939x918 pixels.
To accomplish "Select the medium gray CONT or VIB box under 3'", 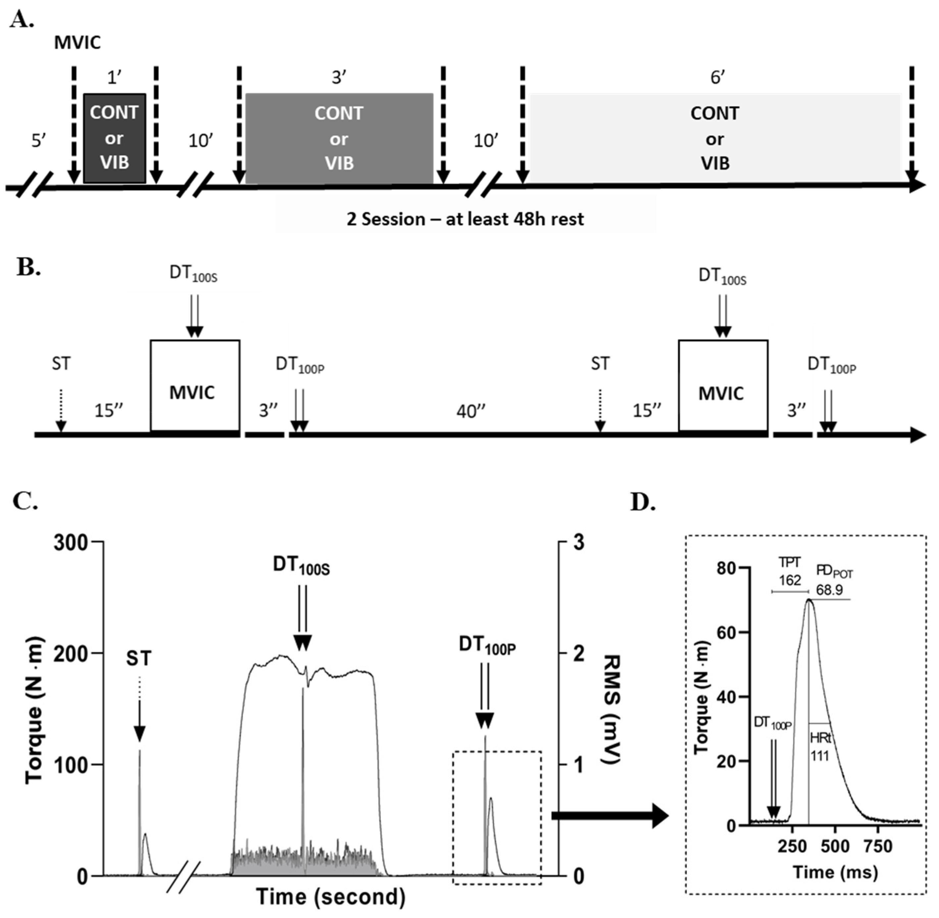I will pyautogui.click(x=339, y=138).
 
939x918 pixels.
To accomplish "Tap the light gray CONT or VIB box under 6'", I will pyautogui.click(x=715, y=138).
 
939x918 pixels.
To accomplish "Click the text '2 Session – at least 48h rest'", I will pyautogui.click(x=465, y=219).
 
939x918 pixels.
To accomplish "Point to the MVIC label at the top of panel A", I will pyautogui.click(x=78, y=42).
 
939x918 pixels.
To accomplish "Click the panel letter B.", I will pyautogui.click(x=28, y=267).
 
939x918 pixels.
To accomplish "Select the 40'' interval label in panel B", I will pyautogui.click(x=471, y=411).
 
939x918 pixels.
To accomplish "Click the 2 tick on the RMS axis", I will pyautogui.click(x=578, y=654).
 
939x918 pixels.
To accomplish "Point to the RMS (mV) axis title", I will pyautogui.click(x=612, y=709).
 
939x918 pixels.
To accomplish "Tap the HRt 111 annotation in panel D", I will pyautogui.click(x=820, y=746).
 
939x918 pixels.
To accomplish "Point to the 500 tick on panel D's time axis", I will pyautogui.click(x=835, y=846).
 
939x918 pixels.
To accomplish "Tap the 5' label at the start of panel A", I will pyautogui.click(x=38, y=141).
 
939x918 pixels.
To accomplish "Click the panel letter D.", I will pyautogui.click(x=643, y=502).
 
